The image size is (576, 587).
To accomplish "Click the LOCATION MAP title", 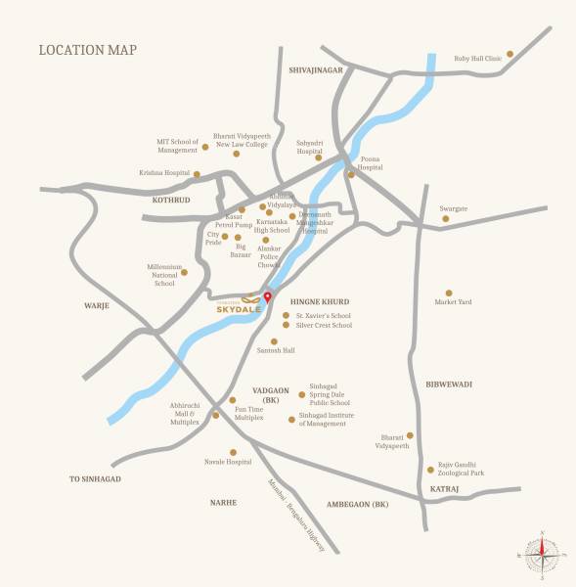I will point(87,50).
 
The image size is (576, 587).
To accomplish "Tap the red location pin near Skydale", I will point(268,297).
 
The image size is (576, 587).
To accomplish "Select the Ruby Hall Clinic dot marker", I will point(510,54).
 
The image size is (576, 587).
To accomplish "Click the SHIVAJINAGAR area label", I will point(316,70).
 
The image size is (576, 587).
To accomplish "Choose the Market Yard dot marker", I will point(449,293).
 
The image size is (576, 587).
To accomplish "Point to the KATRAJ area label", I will point(445,488).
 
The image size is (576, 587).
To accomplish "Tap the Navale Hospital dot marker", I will point(233,452).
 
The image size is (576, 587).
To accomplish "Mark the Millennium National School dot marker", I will point(184,272).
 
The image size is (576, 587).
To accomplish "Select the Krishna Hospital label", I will point(163,172).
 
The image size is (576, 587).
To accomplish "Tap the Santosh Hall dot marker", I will point(274,340).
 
